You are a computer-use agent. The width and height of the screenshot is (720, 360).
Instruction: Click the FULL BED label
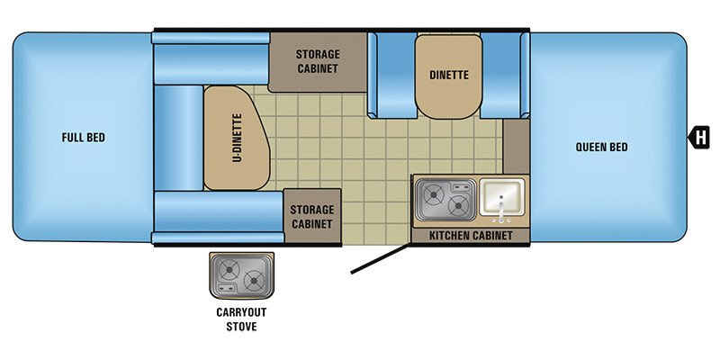[x=84, y=138]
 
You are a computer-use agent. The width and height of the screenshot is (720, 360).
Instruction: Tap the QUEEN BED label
[x=601, y=147]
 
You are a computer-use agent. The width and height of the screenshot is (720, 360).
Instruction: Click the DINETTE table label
[x=448, y=76]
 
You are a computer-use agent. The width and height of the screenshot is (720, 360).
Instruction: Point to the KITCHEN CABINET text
[x=471, y=236]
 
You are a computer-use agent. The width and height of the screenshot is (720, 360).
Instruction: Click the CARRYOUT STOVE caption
[x=240, y=319]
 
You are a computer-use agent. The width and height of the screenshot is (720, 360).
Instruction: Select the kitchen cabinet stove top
[x=445, y=200]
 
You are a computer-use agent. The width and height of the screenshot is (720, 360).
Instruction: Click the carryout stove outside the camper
[x=241, y=275]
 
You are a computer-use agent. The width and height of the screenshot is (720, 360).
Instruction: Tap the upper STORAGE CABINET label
[x=318, y=61]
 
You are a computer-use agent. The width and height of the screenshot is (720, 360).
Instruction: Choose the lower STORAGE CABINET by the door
[x=311, y=216]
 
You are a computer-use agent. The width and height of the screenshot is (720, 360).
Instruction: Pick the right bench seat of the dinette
[x=501, y=75]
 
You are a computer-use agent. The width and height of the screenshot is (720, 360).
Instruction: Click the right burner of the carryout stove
[x=255, y=276]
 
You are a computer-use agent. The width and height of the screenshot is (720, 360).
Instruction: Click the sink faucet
[x=502, y=209]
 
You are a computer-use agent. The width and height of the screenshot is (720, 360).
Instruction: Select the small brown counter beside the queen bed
[x=517, y=144]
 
